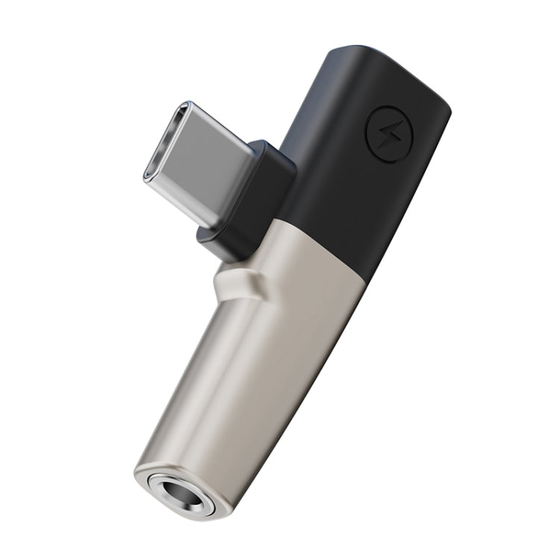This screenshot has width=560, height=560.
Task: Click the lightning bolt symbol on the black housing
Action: pos(386,136)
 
